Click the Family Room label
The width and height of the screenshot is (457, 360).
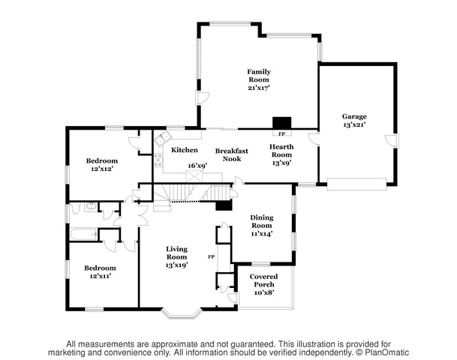pos(259,76)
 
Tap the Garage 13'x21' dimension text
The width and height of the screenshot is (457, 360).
pos(354,124)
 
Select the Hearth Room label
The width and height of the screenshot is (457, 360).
pos(281,151)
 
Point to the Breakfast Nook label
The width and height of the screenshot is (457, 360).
pos(232,154)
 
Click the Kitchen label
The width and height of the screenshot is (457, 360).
pos(185,150)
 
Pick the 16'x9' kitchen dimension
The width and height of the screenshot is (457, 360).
pos(197,166)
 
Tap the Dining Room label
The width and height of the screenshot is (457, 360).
pos(262,221)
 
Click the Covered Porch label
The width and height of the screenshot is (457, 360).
pos(263,280)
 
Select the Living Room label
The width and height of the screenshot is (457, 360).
pos(176,253)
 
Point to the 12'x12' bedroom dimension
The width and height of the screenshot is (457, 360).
pos(102,169)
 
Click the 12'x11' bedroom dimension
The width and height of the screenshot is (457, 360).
pos(101,276)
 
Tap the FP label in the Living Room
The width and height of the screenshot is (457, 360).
pos(212,257)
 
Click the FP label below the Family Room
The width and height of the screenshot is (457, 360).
pos(281,133)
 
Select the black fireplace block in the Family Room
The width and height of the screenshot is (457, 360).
pos(282,122)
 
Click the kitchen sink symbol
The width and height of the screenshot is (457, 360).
pos(163,138)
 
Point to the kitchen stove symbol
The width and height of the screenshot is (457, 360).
pos(158,160)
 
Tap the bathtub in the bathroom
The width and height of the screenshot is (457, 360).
pos(83,235)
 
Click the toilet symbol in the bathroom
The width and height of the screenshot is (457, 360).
pos(75,208)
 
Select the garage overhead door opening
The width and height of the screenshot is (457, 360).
pos(356,184)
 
